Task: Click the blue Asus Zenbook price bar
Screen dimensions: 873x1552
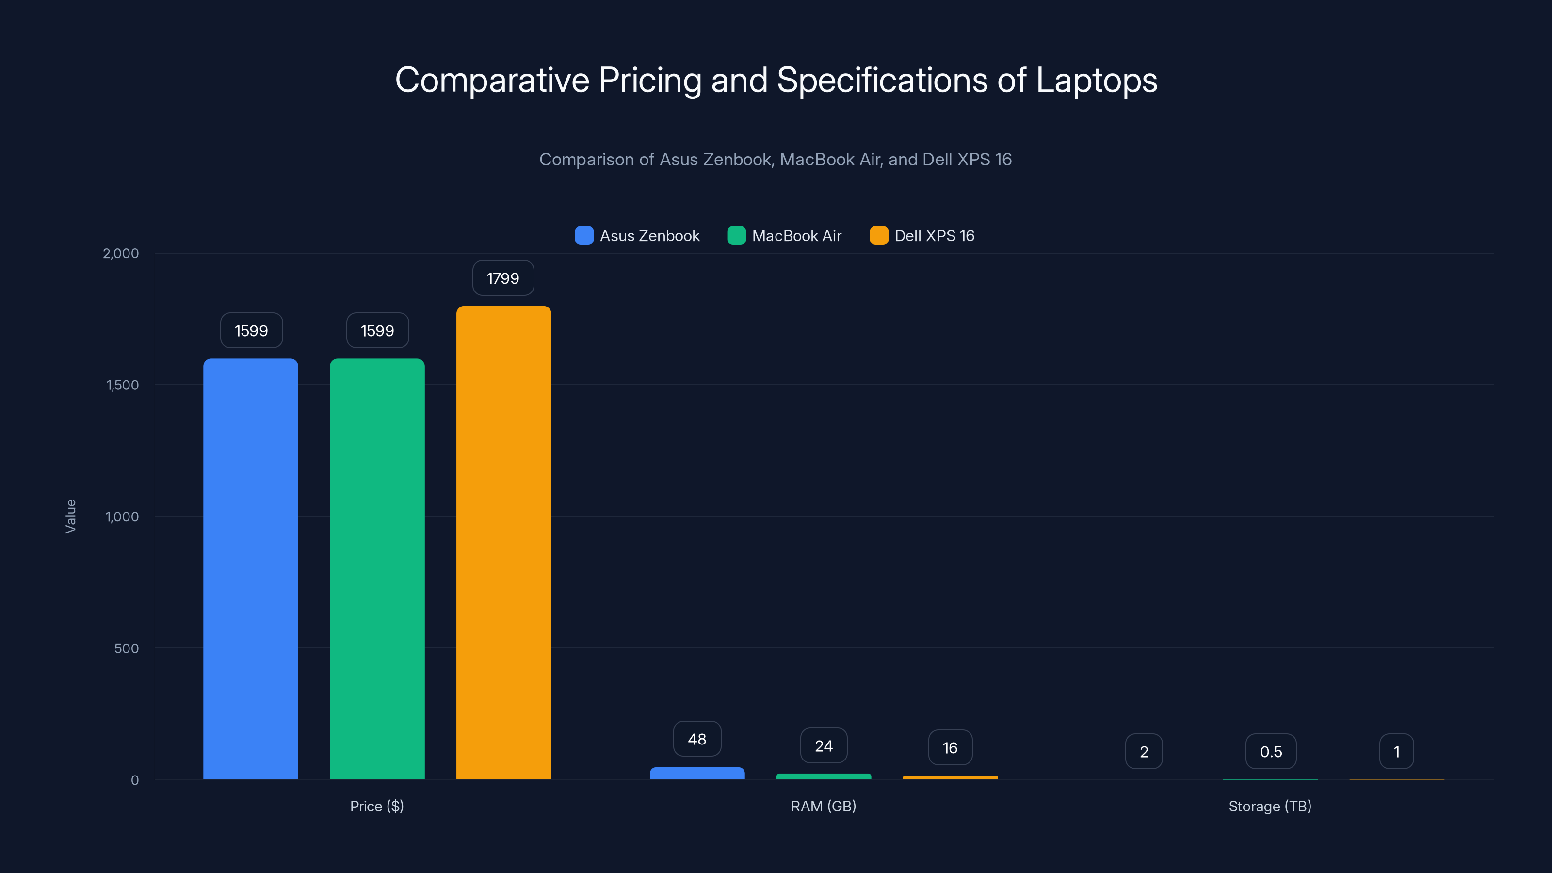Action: coord(251,569)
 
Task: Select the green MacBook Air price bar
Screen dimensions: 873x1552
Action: coord(377,569)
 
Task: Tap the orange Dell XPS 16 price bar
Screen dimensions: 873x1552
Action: coord(504,542)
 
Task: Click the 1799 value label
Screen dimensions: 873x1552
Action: coord(503,278)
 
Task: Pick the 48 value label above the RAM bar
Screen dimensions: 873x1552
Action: coord(697,739)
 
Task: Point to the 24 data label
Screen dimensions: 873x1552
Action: coord(824,746)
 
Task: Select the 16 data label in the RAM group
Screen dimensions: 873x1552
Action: coord(950,748)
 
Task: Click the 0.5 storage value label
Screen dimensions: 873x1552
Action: coord(1271,751)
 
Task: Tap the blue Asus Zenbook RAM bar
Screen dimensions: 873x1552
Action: coord(697,773)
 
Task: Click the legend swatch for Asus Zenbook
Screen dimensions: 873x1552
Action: coord(584,236)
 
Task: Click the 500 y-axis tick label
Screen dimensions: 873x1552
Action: coord(127,648)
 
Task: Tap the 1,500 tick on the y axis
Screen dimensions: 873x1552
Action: coord(122,385)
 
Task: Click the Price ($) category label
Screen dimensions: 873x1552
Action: coord(377,806)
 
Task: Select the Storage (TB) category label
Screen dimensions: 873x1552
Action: coord(1270,806)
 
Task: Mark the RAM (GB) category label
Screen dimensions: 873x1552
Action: coord(824,806)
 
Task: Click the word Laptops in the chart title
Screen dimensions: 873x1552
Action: coord(1097,80)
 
